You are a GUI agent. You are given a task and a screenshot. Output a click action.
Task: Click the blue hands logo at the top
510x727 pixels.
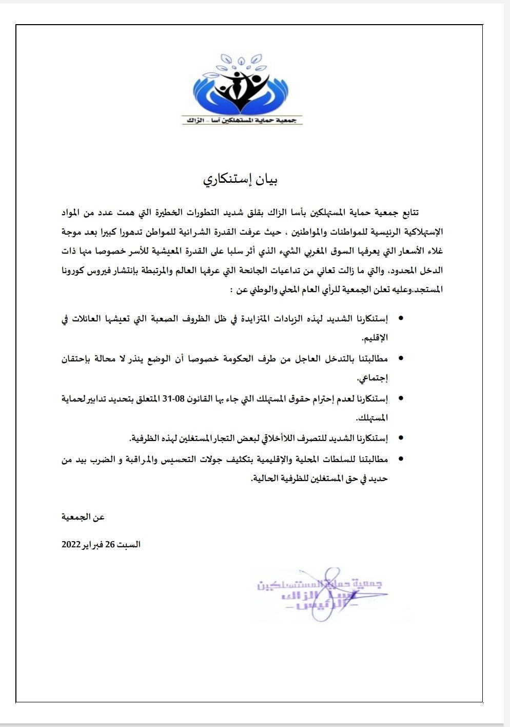[242, 84]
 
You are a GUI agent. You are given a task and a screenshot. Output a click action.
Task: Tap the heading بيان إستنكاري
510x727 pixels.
[241, 180]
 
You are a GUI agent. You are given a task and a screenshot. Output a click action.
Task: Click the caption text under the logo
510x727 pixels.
[242, 120]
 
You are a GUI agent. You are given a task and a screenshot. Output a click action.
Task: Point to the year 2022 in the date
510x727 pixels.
[71, 545]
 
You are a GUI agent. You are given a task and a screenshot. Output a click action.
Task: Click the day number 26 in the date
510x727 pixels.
[110, 545]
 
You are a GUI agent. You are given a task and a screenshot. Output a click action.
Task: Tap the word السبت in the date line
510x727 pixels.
[129, 545]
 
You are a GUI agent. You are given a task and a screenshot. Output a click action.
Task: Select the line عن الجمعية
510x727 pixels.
[83, 517]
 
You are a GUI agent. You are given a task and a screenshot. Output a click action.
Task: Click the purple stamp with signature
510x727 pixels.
[321, 594]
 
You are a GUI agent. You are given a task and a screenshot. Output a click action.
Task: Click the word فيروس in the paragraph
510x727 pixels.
[106, 271]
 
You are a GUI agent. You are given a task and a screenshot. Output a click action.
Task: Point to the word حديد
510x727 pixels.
[378, 479]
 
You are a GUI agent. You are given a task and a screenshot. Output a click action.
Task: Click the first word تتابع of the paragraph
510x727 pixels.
[408, 212]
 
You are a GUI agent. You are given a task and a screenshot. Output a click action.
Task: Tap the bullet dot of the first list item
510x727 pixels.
[401, 319]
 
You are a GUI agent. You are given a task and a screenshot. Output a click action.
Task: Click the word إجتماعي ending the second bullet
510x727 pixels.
[372, 379]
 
